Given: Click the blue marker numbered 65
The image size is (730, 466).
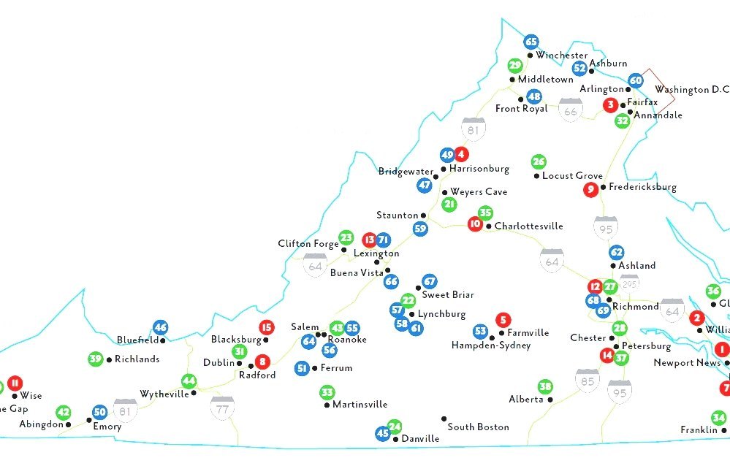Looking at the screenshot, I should [531, 42].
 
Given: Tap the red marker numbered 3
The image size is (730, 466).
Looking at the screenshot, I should [610, 104].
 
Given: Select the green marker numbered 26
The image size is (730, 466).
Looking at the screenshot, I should [539, 161].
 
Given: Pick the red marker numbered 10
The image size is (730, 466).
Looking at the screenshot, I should [475, 224].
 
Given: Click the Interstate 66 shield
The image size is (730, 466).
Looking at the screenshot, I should [570, 110].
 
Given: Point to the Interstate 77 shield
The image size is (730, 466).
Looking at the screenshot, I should [221, 406].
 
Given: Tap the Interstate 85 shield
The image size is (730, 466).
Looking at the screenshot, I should [586, 378].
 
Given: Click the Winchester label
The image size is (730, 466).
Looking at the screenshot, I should [561, 56].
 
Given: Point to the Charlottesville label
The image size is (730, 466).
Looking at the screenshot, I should [528, 226].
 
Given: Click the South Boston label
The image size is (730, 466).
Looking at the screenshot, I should [478, 427].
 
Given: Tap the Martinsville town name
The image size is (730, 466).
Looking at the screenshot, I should [360, 405].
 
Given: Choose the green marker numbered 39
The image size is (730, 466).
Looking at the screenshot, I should [95, 359].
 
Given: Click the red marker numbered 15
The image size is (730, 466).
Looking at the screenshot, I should [266, 327].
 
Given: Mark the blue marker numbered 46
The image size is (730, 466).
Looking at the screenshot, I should [161, 327].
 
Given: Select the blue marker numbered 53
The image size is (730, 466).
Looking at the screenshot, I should [480, 332].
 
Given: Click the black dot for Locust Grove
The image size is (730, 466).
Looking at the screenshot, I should [536, 176].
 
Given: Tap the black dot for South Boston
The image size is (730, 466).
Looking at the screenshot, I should [444, 419].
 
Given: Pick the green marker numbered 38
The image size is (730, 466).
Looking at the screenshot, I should [544, 386].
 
